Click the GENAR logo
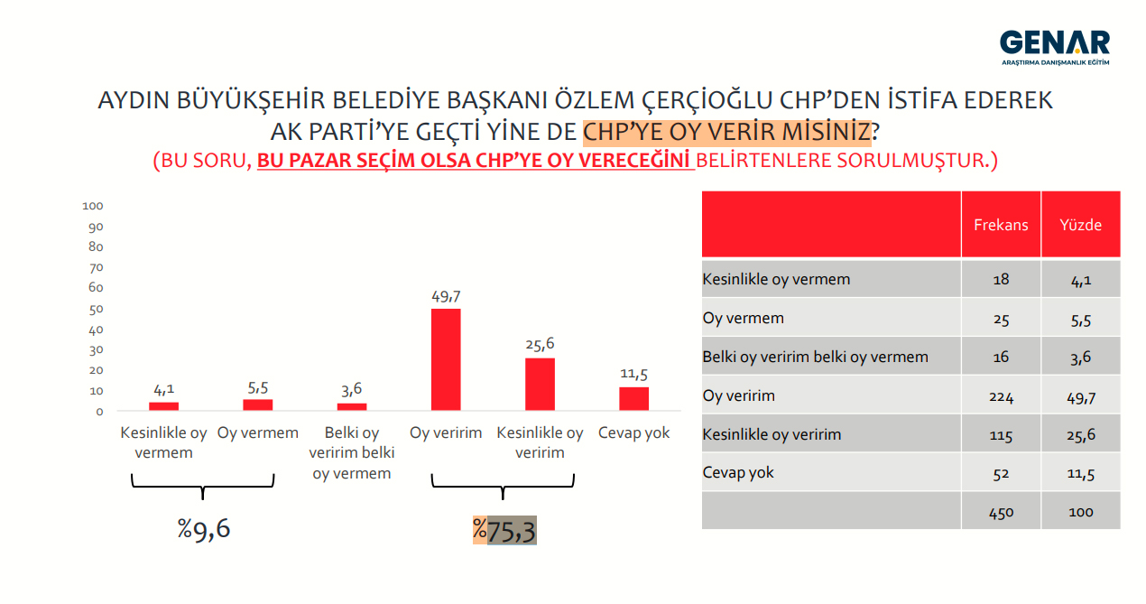click(x=1055, y=47)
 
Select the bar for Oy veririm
click(x=446, y=359)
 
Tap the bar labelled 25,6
click(x=540, y=384)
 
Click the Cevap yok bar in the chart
click(x=633, y=399)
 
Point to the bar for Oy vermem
click(x=258, y=404)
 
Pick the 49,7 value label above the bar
click(x=446, y=296)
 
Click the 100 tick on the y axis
click(x=93, y=206)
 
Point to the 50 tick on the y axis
click(x=96, y=309)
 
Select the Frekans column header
click(x=1001, y=225)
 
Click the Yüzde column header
click(x=1080, y=225)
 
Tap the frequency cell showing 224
click(x=1002, y=397)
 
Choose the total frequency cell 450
click(x=1002, y=513)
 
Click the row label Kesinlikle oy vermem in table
click(x=776, y=280)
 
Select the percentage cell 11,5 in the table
click(x=1080, y=473)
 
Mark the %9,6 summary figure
click(x=204, y=529)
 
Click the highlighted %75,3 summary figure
click(x=504, y=530)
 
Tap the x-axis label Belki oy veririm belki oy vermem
click(x=352, y=453)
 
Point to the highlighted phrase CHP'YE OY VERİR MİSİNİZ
click(x=726, y=132)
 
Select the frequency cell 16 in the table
click(x=1002, y=358)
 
